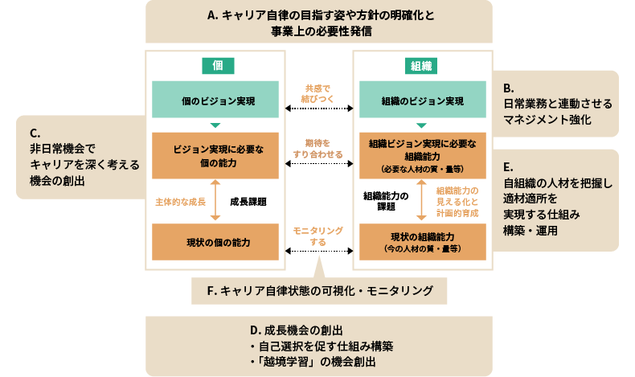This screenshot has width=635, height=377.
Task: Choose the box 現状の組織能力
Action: (x=422, y=242)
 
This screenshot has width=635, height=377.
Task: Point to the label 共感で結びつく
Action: (x=318, y=93)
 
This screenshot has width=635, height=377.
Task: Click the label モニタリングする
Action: (x=318, y=236)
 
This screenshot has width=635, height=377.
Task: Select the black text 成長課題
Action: (x=248, y=201)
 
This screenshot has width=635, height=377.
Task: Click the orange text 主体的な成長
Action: (x=181, y=201)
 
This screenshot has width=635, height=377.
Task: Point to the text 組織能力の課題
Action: (x=386, y=201)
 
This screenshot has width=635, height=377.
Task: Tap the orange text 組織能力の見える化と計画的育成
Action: (x=458, y=201)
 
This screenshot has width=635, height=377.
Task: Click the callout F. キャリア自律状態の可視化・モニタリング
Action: (x=319, y=290)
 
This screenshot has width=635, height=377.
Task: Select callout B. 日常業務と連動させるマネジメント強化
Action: (x=558, y=104)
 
